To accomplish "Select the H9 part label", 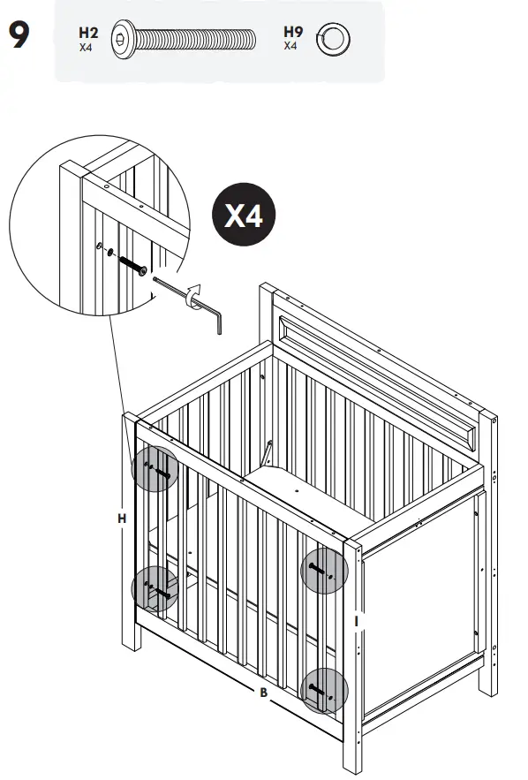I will (293, 32).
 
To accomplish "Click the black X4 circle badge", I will (244, 216).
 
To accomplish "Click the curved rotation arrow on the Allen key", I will (193, 296).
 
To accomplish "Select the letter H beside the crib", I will (123, 519).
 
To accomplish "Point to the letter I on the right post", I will (356, 622).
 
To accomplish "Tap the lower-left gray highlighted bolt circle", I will (155, 588).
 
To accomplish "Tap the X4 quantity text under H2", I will (86, 48).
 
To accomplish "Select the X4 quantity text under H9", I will (291, 45).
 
